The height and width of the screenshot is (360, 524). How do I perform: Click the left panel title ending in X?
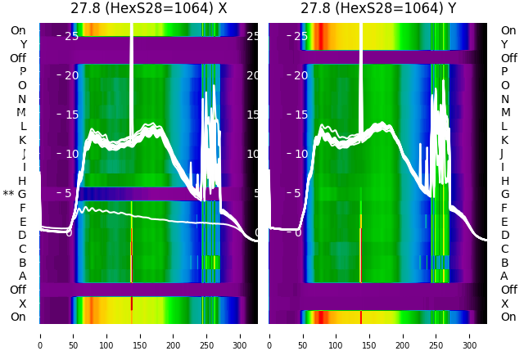pyautogui.click(x=148, y=9)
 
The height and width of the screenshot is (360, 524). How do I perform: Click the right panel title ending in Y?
pyautogui.click(x=377, y=9)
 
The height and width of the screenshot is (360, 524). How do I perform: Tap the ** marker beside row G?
pyautogui.click(x=8, y=195)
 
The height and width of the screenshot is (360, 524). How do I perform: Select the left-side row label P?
pyautogui.click(x=22, y=72)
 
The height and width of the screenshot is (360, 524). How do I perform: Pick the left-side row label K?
pyautogui.click(x=22, y=140)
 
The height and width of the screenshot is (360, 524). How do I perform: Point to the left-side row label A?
pyautogui.click(x=22, y=277)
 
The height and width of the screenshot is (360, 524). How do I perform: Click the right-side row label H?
pyautogui.click(x=504, y=181)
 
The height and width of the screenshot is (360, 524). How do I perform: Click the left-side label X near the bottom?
pyautogui.click(x=22, y=304)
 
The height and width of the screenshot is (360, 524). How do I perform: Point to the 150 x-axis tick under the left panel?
pyautogui.click(x=140, y=335)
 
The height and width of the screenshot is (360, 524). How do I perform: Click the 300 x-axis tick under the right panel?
pyautogui.click(x=469, y=335)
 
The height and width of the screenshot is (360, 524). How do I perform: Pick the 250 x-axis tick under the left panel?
pyautogui.click(x=207, y=335)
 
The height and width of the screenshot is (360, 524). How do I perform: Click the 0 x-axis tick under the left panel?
pyautogui.click(x=39, y=335)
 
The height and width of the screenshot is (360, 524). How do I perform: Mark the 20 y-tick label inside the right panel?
pyautogui.click(x=301, y=75)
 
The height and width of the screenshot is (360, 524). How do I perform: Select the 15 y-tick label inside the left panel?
pyautogui.click(x=71, y=115)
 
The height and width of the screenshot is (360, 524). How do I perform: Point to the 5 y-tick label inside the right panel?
pyautogui.click(x=305, y=193)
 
